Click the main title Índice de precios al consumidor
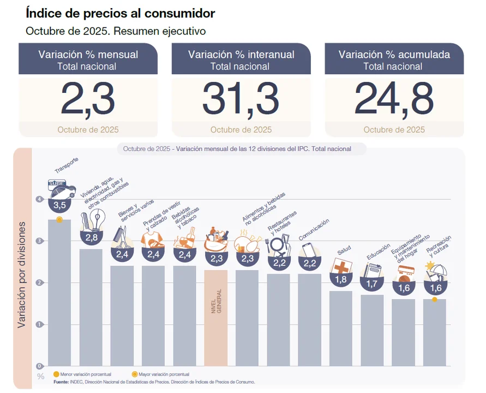(120, 13)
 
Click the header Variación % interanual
(241, 55)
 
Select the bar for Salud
(341, 327)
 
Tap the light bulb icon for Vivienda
(97, 221)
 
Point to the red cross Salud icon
(340, 267)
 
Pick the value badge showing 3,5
(59, 205)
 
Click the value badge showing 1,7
(372, 284)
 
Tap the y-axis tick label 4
(39, 199)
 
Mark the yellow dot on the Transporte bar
(59, 219)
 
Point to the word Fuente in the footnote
(61, 382)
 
